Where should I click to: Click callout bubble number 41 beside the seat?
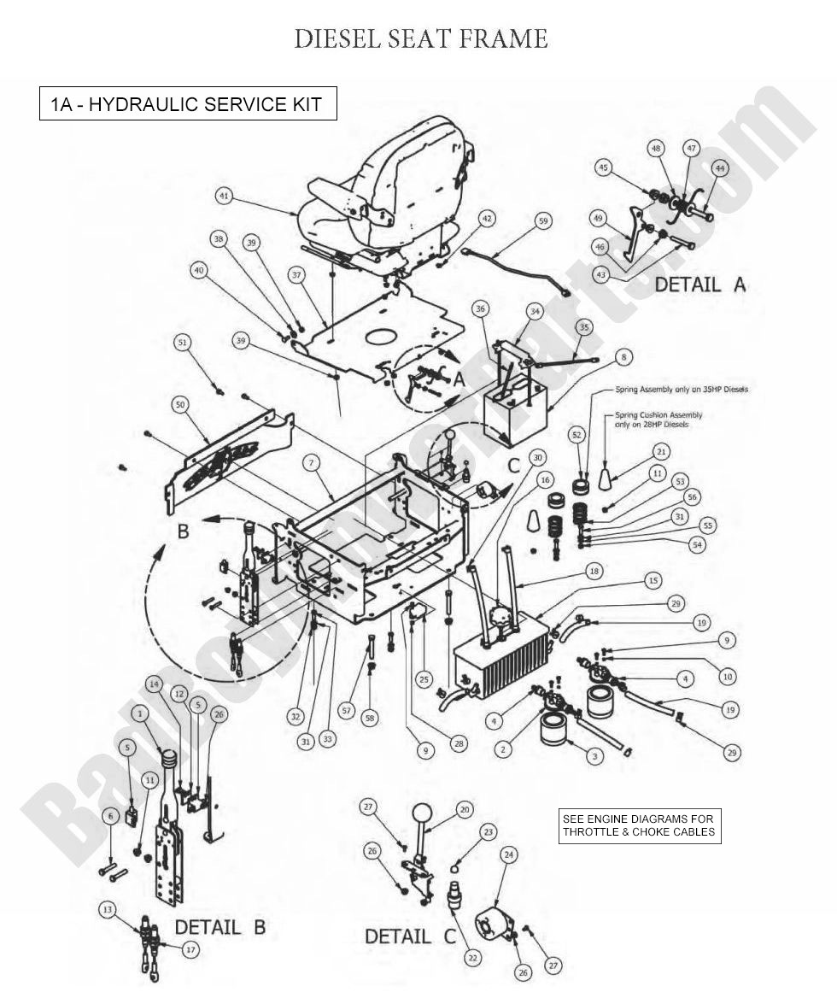pyautogui.click(x=225, y=196)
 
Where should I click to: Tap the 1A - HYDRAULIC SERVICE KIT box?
pyautogui.click(x=188, y=104)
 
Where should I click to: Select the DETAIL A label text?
pyautogui.click(x=699, y=285)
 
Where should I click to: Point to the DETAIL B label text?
pyautogui.click(x=219, y=927)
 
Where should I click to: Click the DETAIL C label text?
pyautogui.click(x=411, y=936)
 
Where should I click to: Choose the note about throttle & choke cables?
pyautogui.click(x=639, y=825)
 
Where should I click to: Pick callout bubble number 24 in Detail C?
pyautogui.click(x=508, y=854)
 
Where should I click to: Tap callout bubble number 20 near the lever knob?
pyautogui.click(x=464, y=808)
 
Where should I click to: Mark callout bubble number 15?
pyautogui.click(x=653, y=580)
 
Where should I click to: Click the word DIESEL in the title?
pyautogui.click(x=335, y=38)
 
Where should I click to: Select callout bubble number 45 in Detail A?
pyautogui.click(x=604, y=167)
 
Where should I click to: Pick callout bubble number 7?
pyautogui.click(x=313, y=462)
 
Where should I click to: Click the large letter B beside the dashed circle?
pyautogui.click(x=182, y=531)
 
